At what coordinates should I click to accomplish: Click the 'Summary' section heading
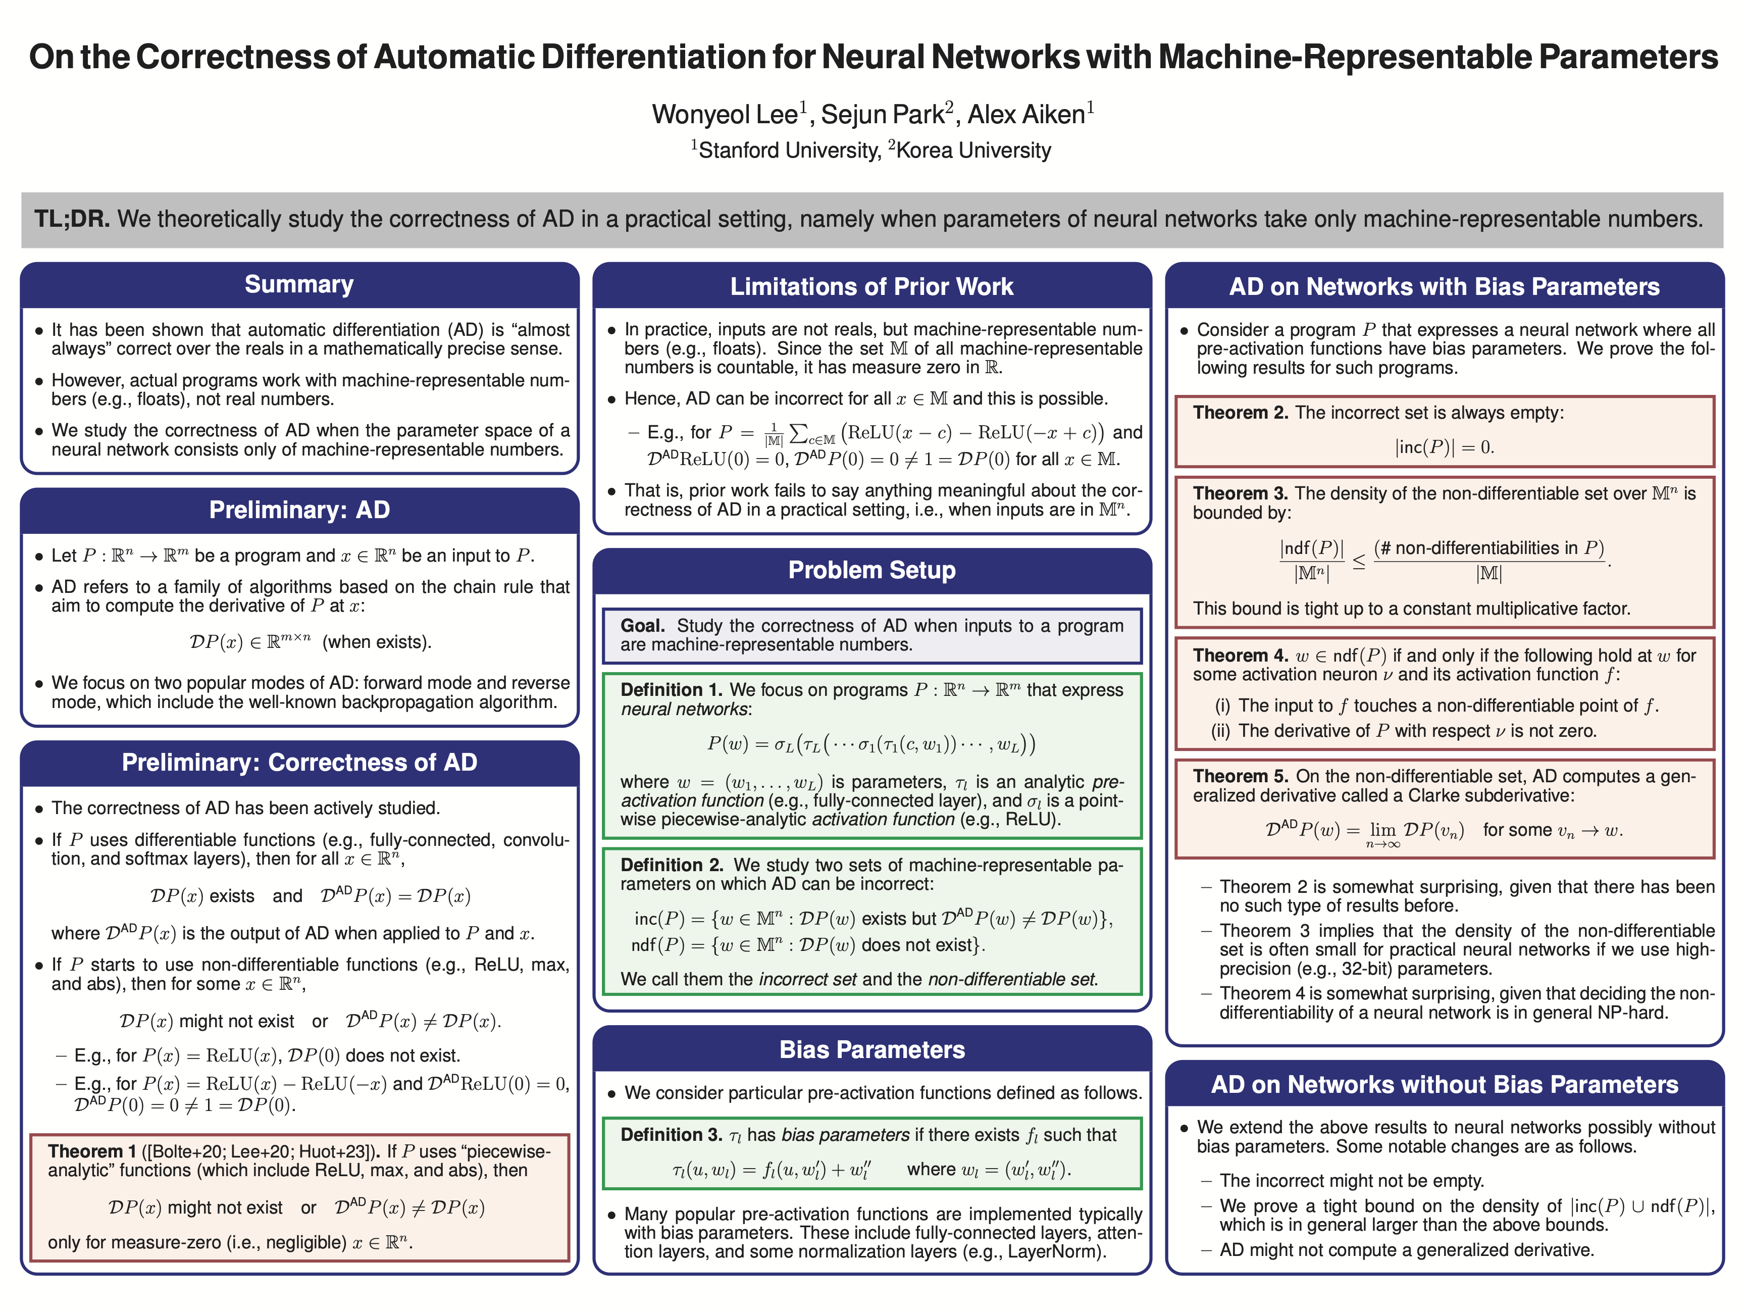(x=299, y=285)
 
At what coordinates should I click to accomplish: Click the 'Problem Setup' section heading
(x=871, y=571)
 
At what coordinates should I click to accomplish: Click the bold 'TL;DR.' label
(x=72, y=219)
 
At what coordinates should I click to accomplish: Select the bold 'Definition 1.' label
(x=672, y=690)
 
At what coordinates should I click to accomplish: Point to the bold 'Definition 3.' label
(x=672, y=1135)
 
